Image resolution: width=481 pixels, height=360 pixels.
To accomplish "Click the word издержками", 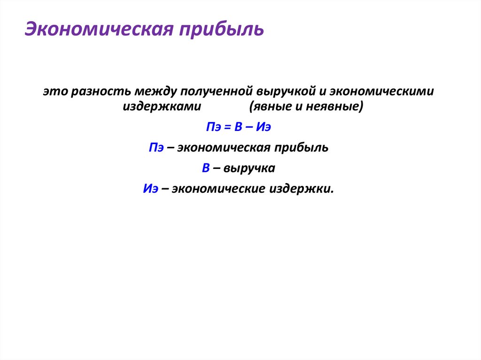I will click(162, 106).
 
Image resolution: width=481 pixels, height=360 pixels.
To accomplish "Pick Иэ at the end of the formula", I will click(264, 127).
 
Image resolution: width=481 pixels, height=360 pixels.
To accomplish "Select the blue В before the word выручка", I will click(206, 168).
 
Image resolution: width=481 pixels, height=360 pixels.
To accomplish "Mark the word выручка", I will click(249, 168).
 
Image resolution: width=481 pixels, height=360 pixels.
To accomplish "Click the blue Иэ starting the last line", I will click(150, 189).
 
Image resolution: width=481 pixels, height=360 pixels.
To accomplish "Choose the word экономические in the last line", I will click(219, 189).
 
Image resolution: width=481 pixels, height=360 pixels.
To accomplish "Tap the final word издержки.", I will click(301, 189).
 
